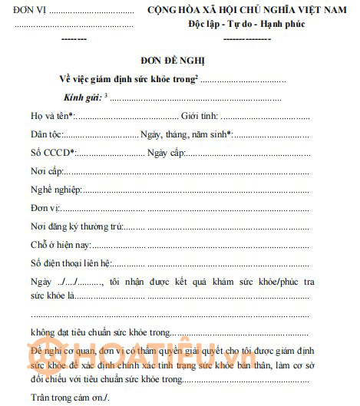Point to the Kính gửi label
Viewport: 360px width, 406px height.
coord(82,97)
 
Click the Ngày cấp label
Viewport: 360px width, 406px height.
coord(166,153)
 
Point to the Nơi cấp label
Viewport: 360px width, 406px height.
coord(46,171)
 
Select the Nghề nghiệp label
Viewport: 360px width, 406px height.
coord(55,190)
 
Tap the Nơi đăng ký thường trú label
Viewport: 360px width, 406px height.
coord(77,226)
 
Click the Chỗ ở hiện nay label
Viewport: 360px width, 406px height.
coord(61,245)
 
